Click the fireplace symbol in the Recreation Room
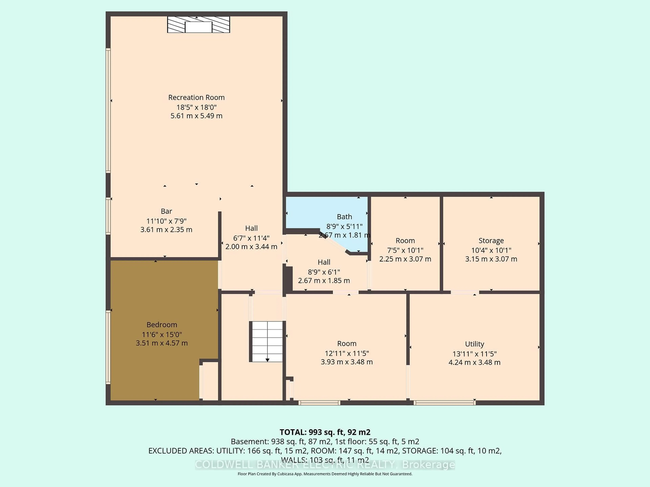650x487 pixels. point(198,25)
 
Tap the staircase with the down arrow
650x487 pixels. point(267,341)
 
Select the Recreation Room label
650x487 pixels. point(196,97)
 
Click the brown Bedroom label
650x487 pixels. point(162,325)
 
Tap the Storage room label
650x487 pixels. point(491,241)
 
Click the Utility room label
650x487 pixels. point(474,344)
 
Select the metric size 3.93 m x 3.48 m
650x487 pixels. point(346,362)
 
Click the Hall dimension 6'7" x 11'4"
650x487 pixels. point(251,238)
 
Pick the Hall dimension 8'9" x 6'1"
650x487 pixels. point(324,272)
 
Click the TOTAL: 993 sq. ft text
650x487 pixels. point(325,432)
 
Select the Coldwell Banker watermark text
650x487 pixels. point(325,465)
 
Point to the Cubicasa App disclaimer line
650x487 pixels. point(325,474)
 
